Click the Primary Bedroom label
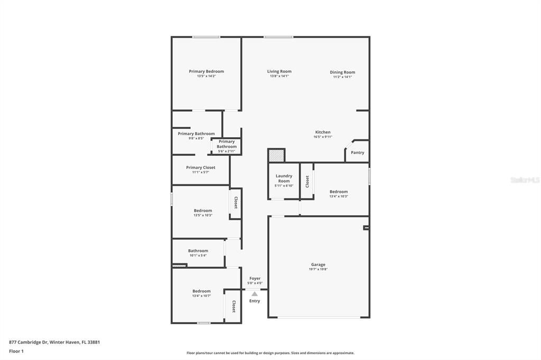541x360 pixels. (x=207, y=71)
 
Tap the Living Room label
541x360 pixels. (x=279, y=71)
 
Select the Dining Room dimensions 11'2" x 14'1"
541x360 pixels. (x=342, y=77)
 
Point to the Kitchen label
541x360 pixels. (x=323, y=132)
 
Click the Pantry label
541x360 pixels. (x=358, y=153)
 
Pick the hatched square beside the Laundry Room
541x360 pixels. (x=276, y=155)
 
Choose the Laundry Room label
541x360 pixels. (x=284, y=178)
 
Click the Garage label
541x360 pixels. (x=318, y=264)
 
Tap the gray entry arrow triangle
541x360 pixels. (x=255, y=294)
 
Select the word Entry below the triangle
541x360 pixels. (x=255, y=301)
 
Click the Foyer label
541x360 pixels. (x=255, y=278)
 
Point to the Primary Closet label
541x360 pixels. (x=200, y=167)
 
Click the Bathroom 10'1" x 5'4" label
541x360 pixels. (x=198, y=253)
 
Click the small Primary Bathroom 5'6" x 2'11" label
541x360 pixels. (x=227, y=146)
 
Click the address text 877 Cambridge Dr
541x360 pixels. (x=29, y=343)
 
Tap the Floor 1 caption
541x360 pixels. (x=16, y=352)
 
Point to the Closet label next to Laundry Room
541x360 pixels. (x=307, y=182)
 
